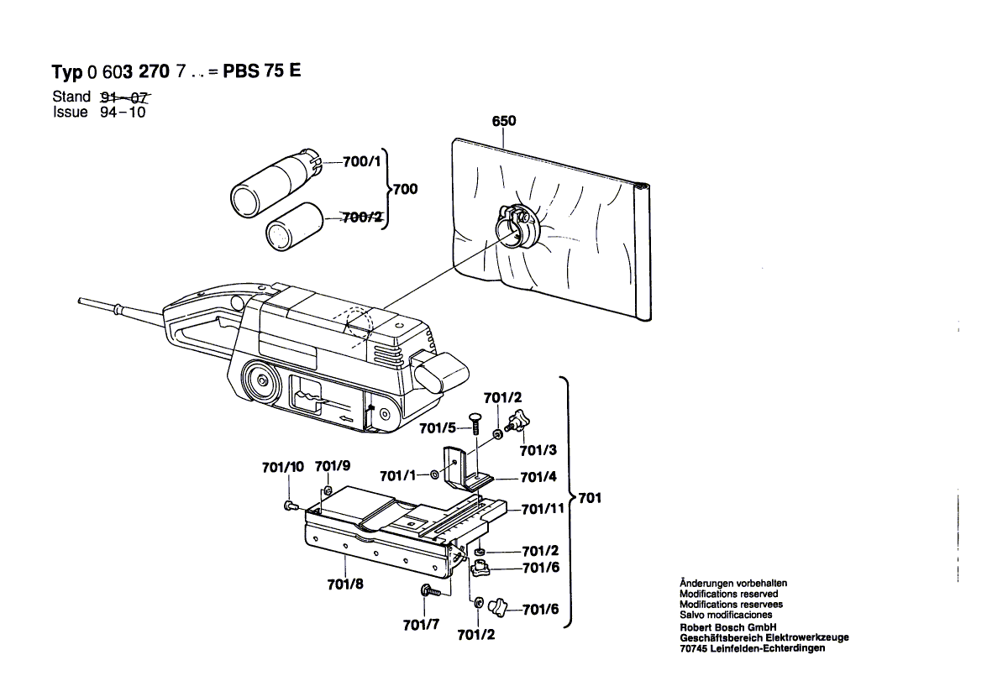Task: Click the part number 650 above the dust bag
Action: (x=503, y=122)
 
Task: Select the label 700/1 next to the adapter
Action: (x=362, y=161)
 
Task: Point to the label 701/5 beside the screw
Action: (x=438, y=428)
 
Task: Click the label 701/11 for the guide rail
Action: (x=543, y=509)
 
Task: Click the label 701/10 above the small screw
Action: (x=282, y=467)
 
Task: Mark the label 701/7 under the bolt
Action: (x=421, y=625)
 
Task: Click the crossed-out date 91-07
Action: (x=118, y=97)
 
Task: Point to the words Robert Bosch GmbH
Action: (x=727, y=627)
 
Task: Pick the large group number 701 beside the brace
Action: (x=590, y=499)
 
